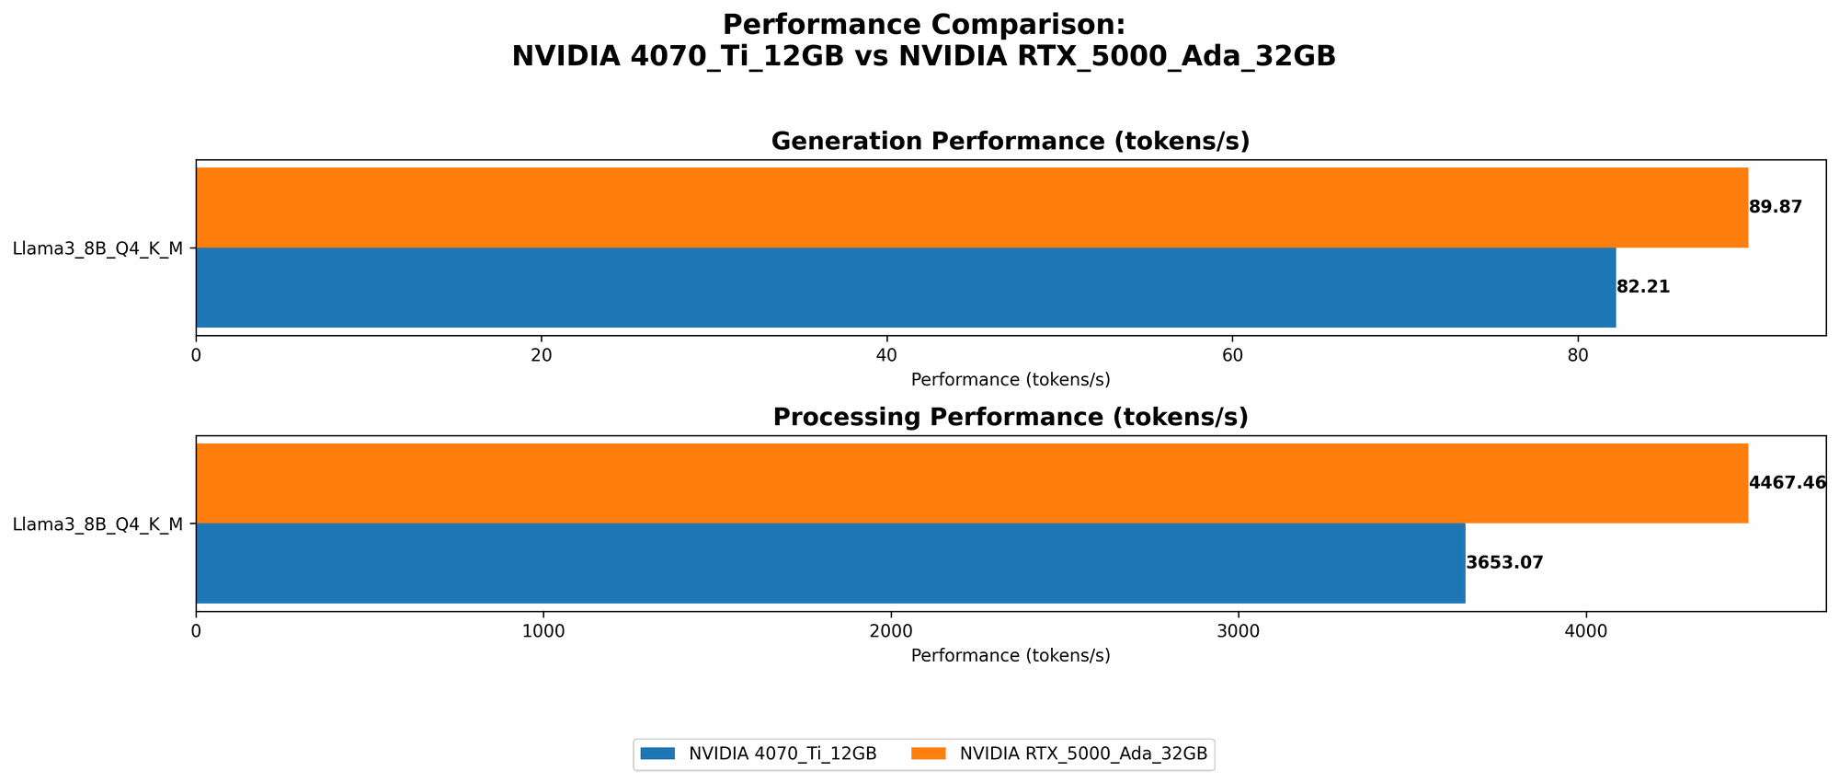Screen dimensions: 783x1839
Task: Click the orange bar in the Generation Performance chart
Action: tap(971, 207)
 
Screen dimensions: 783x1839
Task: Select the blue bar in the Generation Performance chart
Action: tap(906, 287)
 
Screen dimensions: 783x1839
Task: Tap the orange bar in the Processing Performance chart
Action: tap(971, 483)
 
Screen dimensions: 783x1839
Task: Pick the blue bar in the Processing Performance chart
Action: tap(830, 563)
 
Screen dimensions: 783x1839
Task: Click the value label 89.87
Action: tap(1775, 207)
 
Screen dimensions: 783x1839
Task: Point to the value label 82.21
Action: tap(1642, 287)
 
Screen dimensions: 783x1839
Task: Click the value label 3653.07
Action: tap(1503, 563)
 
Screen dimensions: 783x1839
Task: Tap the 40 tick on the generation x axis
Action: tap(886, 355)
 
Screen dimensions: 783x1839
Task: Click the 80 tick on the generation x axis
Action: tap(1578, 355)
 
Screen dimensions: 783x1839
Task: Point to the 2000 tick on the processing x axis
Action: tap(890, 632)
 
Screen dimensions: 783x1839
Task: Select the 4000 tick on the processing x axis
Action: tap(1585, 632)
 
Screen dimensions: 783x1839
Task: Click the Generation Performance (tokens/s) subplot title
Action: tap(1010, 142)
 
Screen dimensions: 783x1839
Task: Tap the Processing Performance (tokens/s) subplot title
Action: tap(1010, 418)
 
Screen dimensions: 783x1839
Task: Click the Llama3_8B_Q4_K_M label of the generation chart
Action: tap(97, 248)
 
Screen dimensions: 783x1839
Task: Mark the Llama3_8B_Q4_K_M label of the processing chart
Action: tap(97, 524)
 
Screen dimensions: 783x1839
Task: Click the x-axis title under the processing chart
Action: tap(1010, 656)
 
